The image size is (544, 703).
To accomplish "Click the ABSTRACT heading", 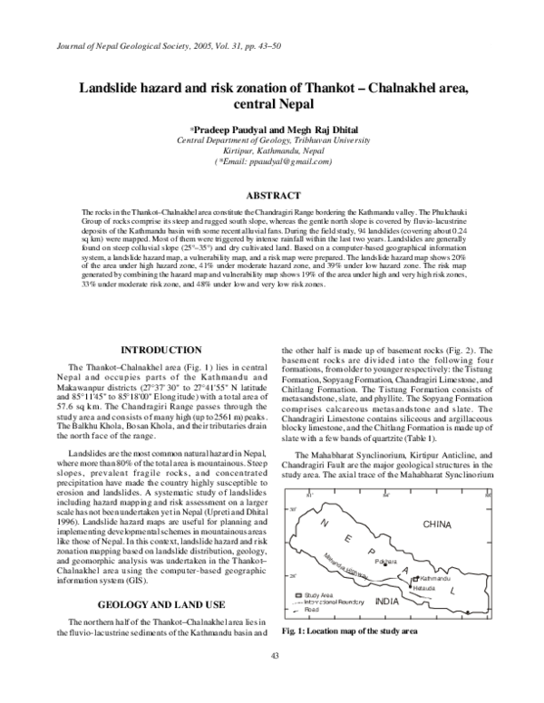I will tap(273, 196).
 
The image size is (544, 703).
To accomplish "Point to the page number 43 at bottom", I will tap(273, 680).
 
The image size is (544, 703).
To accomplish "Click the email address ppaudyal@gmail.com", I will tap(288, 161).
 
